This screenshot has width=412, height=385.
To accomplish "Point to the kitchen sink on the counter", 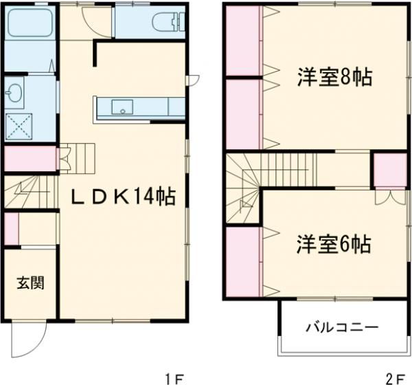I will coord(123,107).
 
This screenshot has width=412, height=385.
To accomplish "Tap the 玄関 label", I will coord(30,282).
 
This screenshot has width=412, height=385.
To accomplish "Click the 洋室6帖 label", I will coord(334,243).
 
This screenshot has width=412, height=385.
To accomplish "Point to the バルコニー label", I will coord(341,327).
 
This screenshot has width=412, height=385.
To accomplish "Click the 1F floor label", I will coord(174,377).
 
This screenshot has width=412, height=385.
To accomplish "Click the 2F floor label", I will coord(394,377).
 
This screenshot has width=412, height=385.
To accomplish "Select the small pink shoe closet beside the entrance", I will coord(10,229).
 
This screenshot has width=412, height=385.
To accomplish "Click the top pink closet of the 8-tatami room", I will coord(242,43).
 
